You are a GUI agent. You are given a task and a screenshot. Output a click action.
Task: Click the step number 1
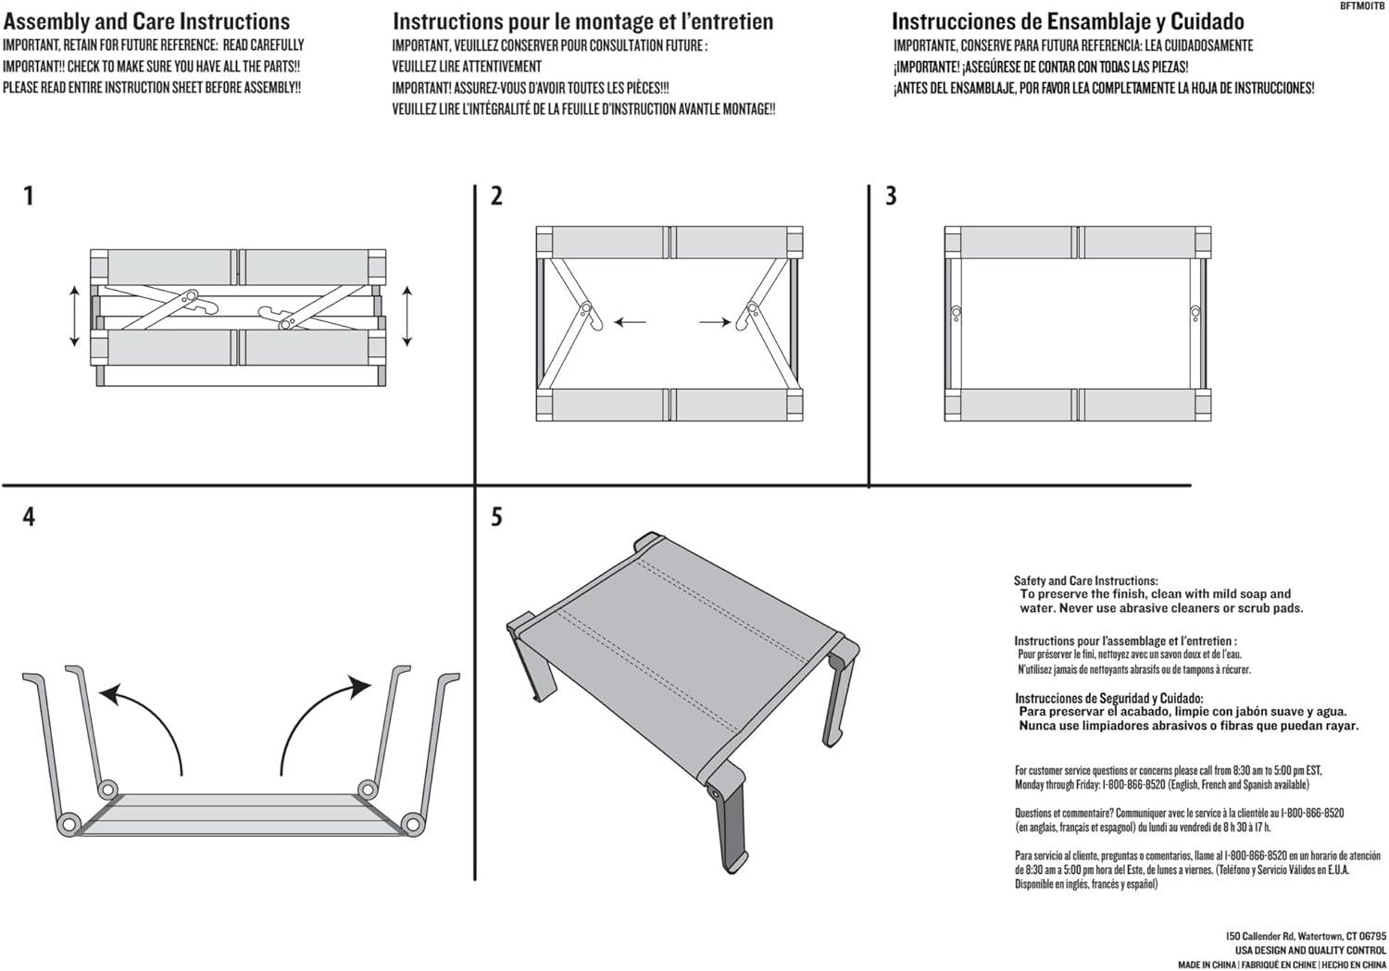pyautogui.click(x=29, y=196)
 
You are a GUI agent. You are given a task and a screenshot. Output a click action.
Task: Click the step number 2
pyautogui.click(x=496, y=196)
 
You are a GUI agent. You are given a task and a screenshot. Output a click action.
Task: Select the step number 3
pyautogui.click(x=891, y=196)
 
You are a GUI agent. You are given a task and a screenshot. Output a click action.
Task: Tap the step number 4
pyautogui.click(x=29, y=517)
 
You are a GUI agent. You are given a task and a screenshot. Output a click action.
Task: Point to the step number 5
pyautogui.click(x=496, y=517)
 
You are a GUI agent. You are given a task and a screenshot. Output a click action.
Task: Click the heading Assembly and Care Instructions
pyautogui.click(x=146, y=21)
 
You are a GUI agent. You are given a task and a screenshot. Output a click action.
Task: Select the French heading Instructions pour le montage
pyautogui.click(x=582, y=21)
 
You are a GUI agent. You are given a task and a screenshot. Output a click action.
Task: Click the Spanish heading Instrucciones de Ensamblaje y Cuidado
pyautogui.click(x=1068, y=21)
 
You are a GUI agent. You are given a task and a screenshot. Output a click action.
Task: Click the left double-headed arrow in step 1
pyautogui.click(x=75, y=317)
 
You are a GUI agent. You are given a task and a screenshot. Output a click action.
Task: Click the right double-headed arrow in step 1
pyautogui.click(x=407, y=317)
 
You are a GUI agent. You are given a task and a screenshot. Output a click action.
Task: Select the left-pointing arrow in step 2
pyautogui.click(x=631, y=322)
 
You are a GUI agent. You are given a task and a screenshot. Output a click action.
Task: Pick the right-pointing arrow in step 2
pyautogui.click(x=714, y=322)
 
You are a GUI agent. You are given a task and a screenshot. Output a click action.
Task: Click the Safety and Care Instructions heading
pyautogui.click(x=1085, y=580)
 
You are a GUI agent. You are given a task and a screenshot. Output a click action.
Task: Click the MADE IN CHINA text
pyautogui.click(x=1207, y=965)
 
